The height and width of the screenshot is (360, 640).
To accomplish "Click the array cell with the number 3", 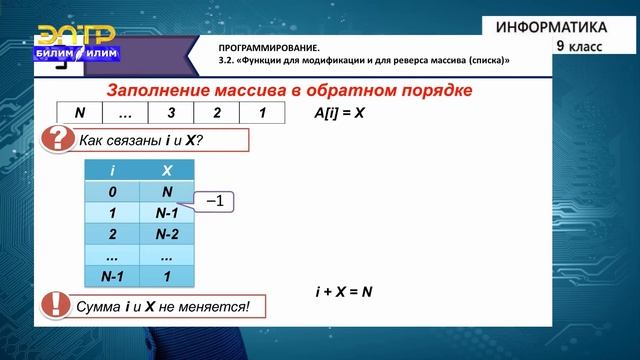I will tap(171, 113).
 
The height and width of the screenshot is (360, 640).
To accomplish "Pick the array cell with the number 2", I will tap(216, 113).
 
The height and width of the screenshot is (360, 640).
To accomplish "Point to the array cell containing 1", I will tap(261, 113).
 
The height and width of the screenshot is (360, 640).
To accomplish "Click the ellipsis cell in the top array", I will tap(126, 113).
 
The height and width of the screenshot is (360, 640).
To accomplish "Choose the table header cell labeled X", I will tap(167, 171).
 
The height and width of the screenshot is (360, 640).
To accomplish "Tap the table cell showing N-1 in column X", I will tap(167, 213).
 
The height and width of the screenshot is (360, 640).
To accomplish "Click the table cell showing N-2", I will tap(167, 234).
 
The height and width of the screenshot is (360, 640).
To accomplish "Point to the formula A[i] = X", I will tap(340, 113).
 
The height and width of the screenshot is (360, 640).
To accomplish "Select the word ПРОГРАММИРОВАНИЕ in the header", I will tap(269, 48).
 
